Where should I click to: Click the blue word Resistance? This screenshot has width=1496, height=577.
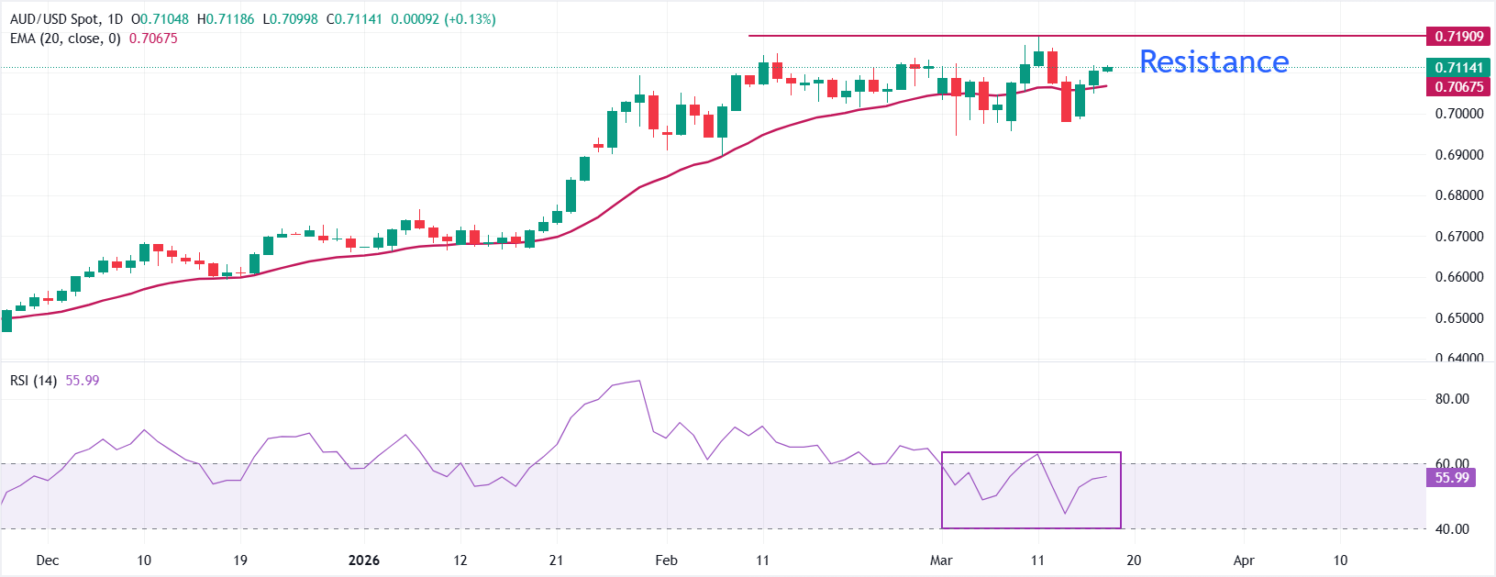[x=1213, y=61]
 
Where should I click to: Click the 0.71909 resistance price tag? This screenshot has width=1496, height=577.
[x=1458, y=37]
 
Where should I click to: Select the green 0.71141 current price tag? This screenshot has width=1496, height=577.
[x=1458, y=68]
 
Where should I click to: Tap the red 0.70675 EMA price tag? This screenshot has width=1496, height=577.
[x=1458, y=87]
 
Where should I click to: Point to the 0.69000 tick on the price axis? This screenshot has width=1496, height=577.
[x=1458, y=155]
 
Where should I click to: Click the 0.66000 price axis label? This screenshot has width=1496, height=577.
[x=1458, y=277]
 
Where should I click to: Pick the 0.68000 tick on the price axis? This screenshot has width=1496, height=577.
[x=1458, y=195]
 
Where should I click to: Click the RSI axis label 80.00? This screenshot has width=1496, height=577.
[x=1452, y=399]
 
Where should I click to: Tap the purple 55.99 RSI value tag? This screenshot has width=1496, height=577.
[x=1452, y=478]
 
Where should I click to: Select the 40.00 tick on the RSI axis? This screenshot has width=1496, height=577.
[x=1452, y=529]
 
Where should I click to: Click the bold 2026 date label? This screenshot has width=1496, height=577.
[x=364, y=560]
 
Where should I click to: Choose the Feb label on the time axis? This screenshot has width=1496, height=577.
[x=667, y=560]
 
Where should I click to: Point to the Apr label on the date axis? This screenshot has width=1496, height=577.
[x=1244, y=560]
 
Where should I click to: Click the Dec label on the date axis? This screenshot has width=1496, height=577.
[x=48, y=560]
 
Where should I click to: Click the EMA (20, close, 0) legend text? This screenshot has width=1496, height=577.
[x=65, y=39]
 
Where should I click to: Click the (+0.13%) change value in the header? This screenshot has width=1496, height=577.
[x=470, y=19]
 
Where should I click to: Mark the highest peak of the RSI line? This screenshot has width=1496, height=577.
[x=638, y=381]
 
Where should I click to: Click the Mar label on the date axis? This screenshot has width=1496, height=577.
[x=941, y=560]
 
